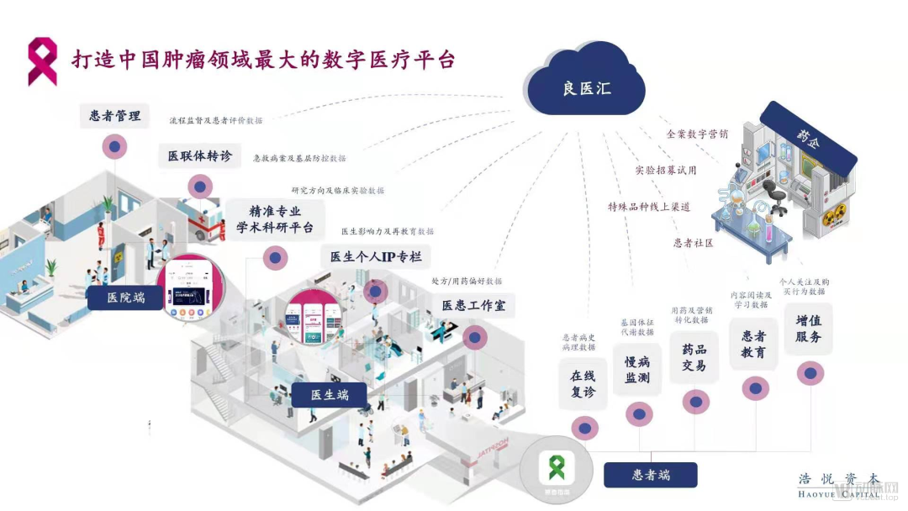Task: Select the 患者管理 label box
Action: click(115, 116)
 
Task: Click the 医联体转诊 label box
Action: click(199, 156)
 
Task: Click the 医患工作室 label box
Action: click(473, 306)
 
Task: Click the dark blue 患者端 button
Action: click(650, 475)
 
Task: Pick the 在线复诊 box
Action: click(583, 383)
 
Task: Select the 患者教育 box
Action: click(753, 344)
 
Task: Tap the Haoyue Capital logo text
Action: click(838, 485)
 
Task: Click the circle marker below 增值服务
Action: click(810, 373)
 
